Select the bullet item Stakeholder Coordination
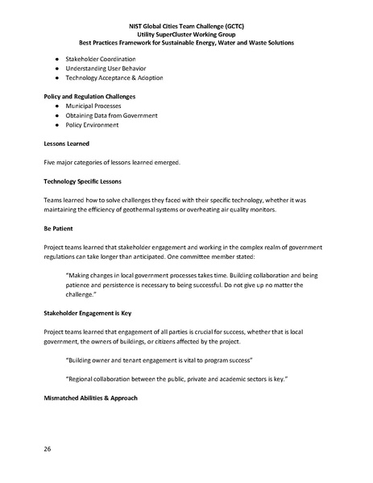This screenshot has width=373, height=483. [x=99, y=60]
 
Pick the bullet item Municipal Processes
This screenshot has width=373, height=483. [x=93, y=106]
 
